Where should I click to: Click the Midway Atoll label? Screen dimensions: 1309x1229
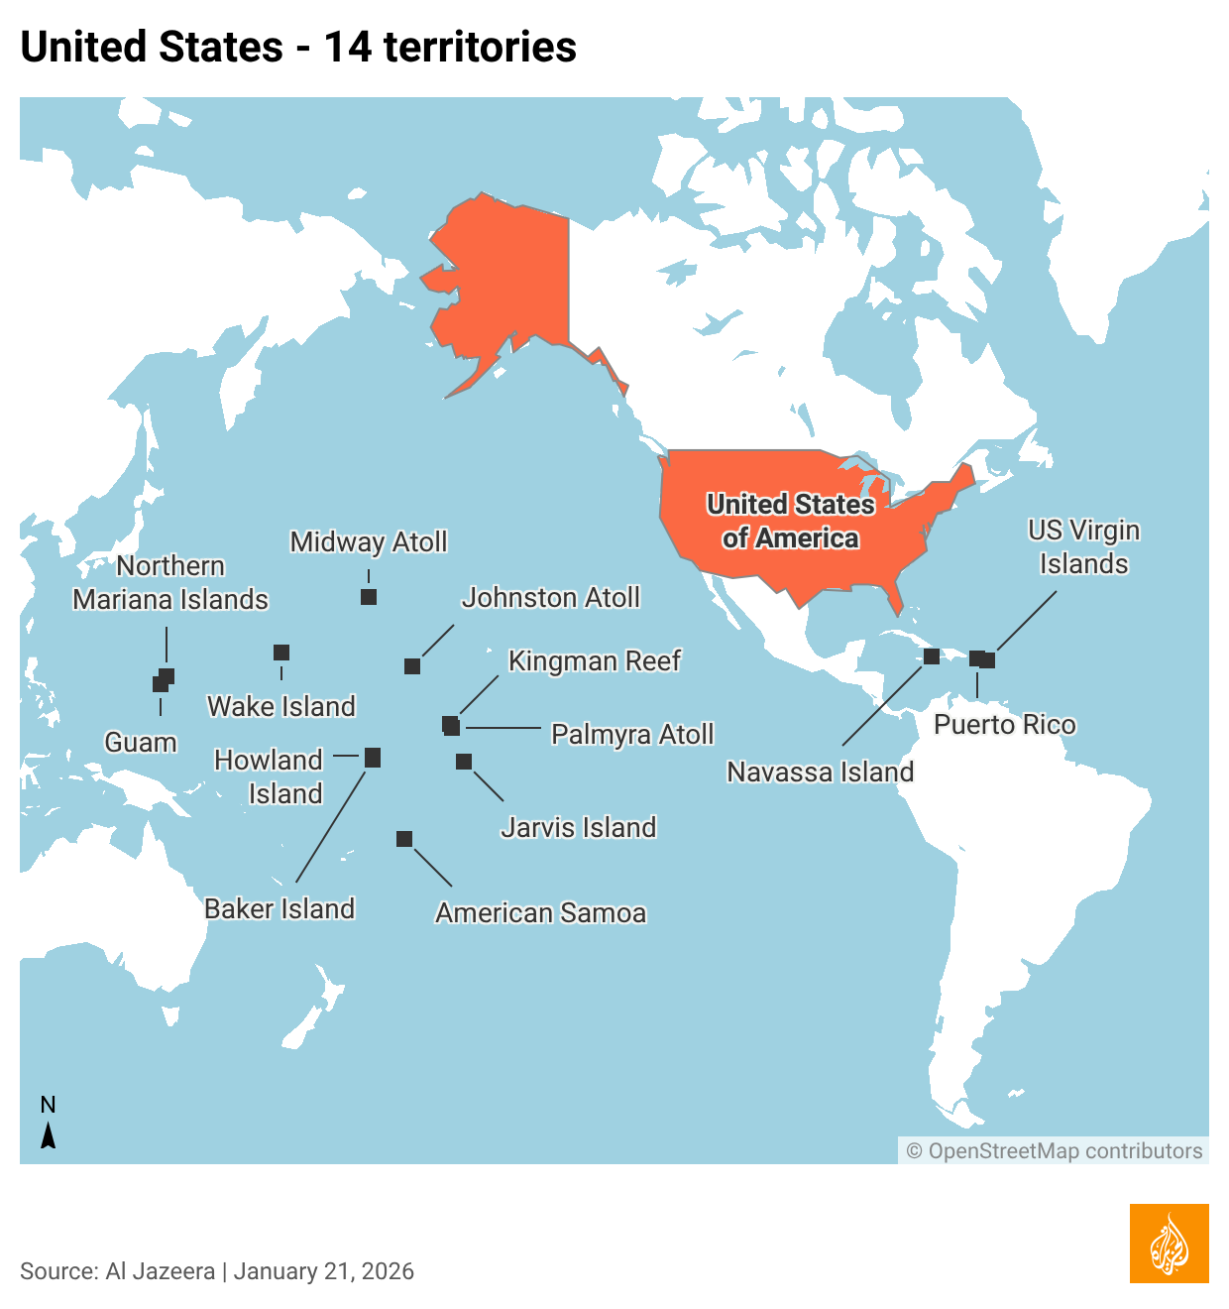click(368, 542)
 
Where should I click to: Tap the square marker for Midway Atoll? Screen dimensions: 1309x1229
click(369, 597)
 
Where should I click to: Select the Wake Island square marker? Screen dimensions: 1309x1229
click(281, 653)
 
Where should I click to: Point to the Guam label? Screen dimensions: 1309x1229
click(141, 743)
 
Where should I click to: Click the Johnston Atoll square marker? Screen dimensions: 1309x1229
click(412, 666)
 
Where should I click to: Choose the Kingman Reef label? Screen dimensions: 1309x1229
click(594, 661)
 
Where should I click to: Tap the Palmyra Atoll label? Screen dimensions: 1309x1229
click(632, 735)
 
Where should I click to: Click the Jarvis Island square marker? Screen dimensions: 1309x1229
click(464, 762)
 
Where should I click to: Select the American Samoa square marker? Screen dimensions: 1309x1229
click(404, 839)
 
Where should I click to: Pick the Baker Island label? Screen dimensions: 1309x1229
click(279, 909)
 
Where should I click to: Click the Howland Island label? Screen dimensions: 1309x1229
click(270, 776)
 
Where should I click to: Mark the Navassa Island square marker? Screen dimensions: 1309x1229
click(932, 655)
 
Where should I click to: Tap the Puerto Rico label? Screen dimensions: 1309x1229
click(1004, 725)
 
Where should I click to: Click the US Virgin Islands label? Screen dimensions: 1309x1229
click(1083, 547)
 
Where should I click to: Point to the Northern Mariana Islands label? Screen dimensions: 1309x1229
click(170, 583)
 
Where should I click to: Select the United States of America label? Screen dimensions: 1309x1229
click(790, 522)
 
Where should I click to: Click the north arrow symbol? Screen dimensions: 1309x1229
click(48, 1134)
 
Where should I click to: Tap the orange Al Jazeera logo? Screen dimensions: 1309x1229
click(1169, 1244)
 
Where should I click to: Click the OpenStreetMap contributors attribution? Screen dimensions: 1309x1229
click(1055, 1151)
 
